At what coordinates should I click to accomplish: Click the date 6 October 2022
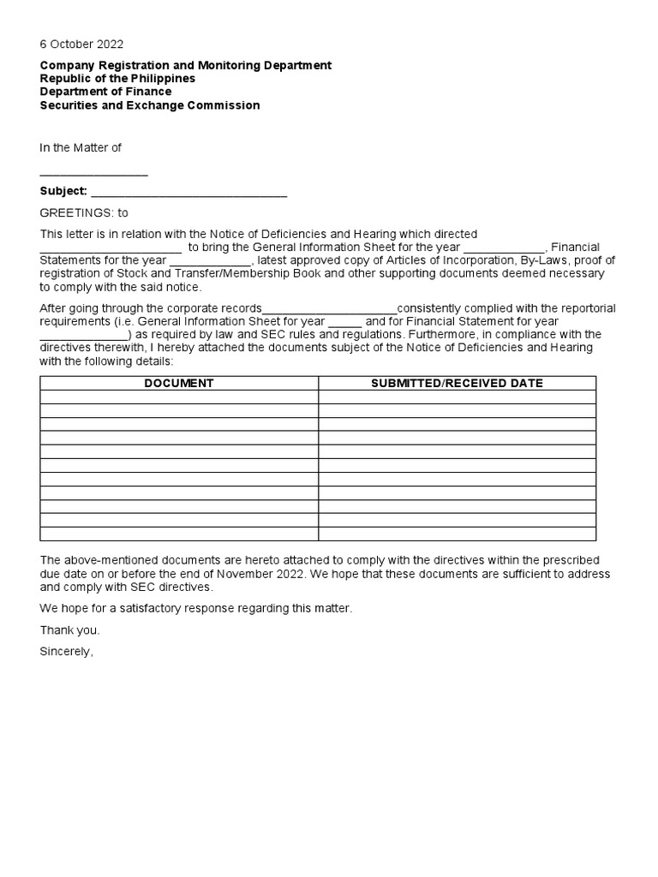click(x=81, y=45)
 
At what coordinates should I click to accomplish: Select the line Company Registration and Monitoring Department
click(x=186, y=65)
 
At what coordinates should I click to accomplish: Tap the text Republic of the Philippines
click(x=117, y=78)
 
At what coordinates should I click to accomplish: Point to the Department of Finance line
click(x=105, y=92)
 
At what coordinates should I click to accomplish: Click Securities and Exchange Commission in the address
click(x=150, y=105)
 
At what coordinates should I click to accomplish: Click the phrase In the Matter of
click(x=81, y=147)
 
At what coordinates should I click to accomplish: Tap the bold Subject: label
click(x=63, y=191)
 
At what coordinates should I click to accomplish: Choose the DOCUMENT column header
click(x=179, y=383)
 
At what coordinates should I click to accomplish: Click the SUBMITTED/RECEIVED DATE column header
click(x=457, y=383)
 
